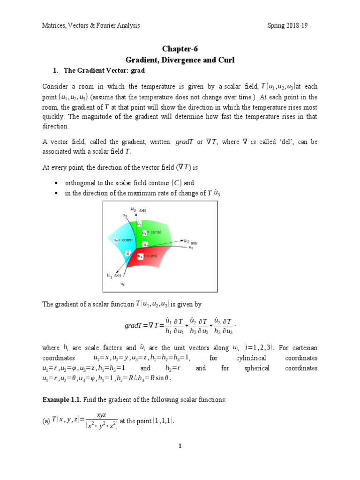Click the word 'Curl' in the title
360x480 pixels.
[x=224, y=60]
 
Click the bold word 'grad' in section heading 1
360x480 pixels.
[x=139, y=70]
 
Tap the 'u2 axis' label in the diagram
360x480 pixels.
[x=189, y=242]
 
